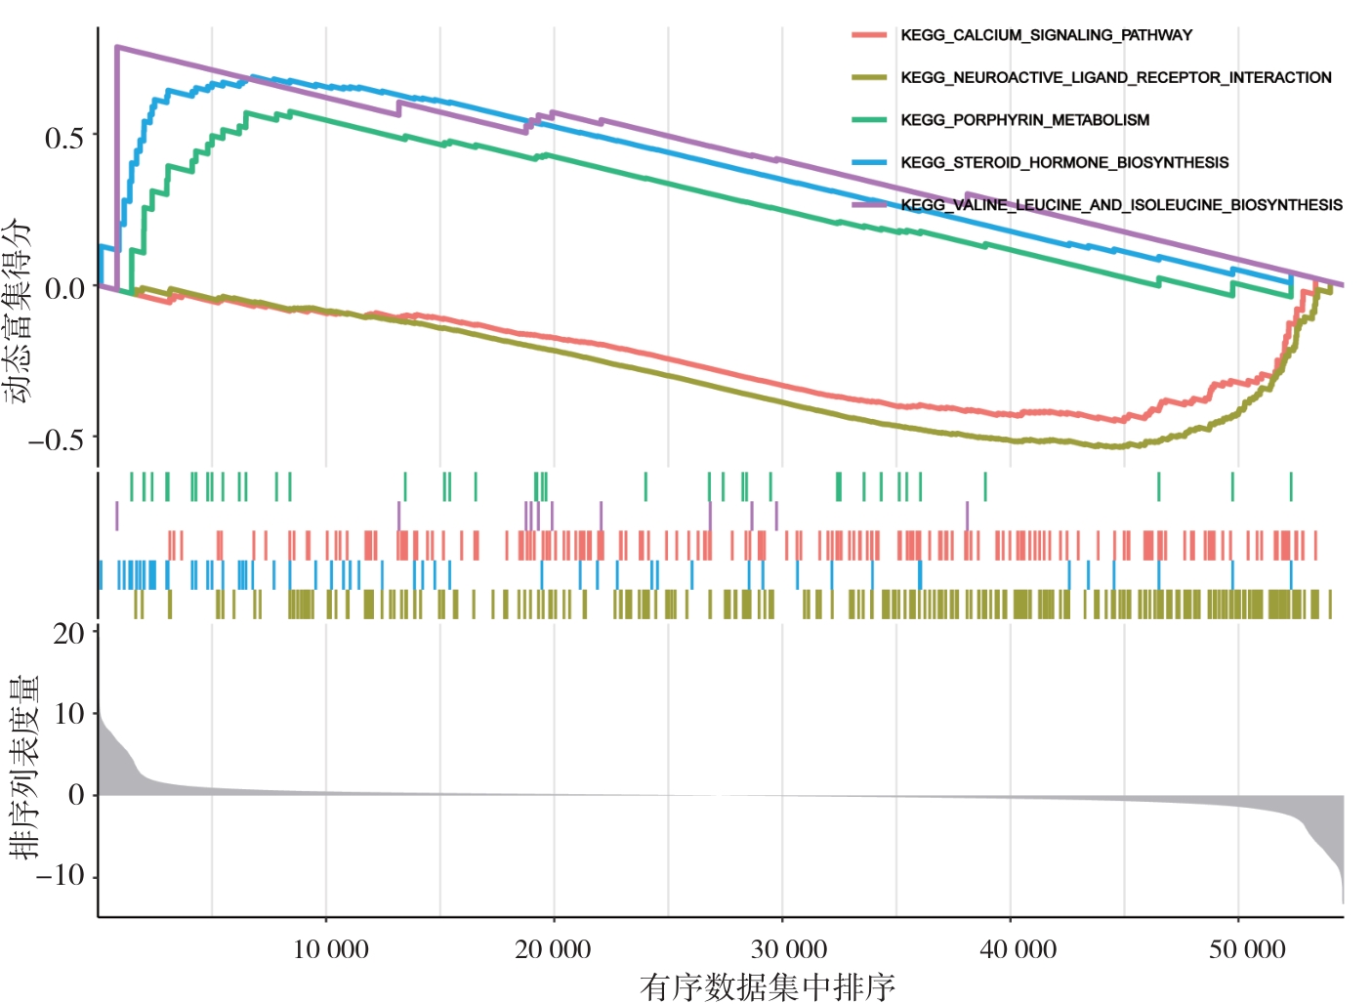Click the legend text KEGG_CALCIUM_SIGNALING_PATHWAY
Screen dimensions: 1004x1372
click(x=1046, y=35)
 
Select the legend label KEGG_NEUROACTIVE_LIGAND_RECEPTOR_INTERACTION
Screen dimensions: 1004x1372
click(x=1115, y=77)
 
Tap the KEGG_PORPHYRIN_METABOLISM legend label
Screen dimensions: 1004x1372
click(x=1024, y=120)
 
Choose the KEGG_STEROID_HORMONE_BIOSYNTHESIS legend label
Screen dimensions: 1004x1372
click(x=1064, y=162)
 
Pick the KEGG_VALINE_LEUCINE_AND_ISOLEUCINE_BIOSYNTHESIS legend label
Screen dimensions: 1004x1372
click(x=1121, y=205)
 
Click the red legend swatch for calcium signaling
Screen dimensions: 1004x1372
click(x=868, y=35)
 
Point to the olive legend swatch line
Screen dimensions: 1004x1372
click(x=868, y=77)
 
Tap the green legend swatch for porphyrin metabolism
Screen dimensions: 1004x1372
click(x=868, y=120)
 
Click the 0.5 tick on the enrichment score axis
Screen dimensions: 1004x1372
click(x=64, y=138)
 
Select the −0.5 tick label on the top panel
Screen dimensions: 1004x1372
click(x=57, y=440)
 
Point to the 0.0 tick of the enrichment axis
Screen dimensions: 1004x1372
click(x=64, y=289)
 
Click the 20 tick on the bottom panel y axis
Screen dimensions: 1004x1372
click(x=68, y=634)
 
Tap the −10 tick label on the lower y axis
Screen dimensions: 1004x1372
click(x=61, y=875)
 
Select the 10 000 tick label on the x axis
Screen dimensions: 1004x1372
click(x=331, y=949)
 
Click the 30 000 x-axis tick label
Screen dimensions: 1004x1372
click(x=788, y=949)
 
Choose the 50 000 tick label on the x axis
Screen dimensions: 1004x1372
click(x=1247, y=949)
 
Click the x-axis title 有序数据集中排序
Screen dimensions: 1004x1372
click(x=768, y=987)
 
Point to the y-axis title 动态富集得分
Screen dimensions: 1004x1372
click(x=18, y=311)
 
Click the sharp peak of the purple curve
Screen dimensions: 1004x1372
click(x=117, y=46)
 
